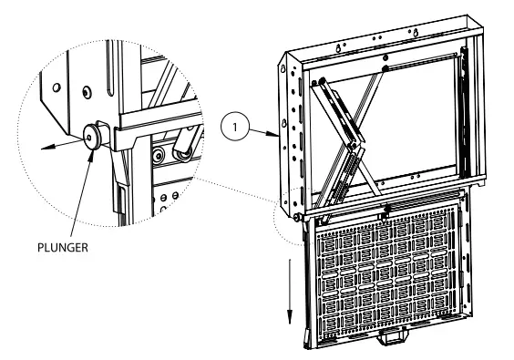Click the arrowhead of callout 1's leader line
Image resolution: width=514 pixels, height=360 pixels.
coord(274,134)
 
